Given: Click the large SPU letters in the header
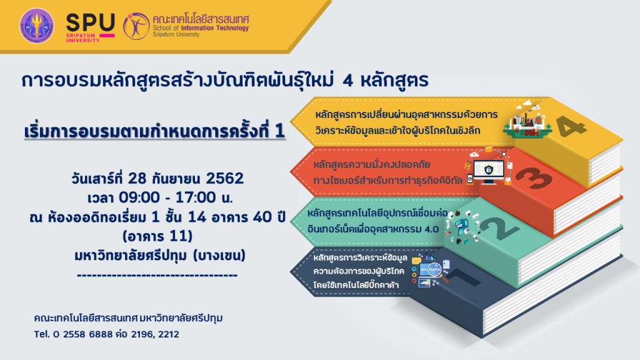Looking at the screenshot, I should (x=91, y=22).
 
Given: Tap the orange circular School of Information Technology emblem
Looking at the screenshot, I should (x=136, y=26).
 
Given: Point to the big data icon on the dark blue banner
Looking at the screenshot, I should (x=434, y=270).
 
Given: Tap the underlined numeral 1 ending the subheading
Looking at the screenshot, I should (x=279, y=131).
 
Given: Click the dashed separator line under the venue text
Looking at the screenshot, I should (x=157, y=275).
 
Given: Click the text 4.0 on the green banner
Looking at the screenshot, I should (x=431, y=229).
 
